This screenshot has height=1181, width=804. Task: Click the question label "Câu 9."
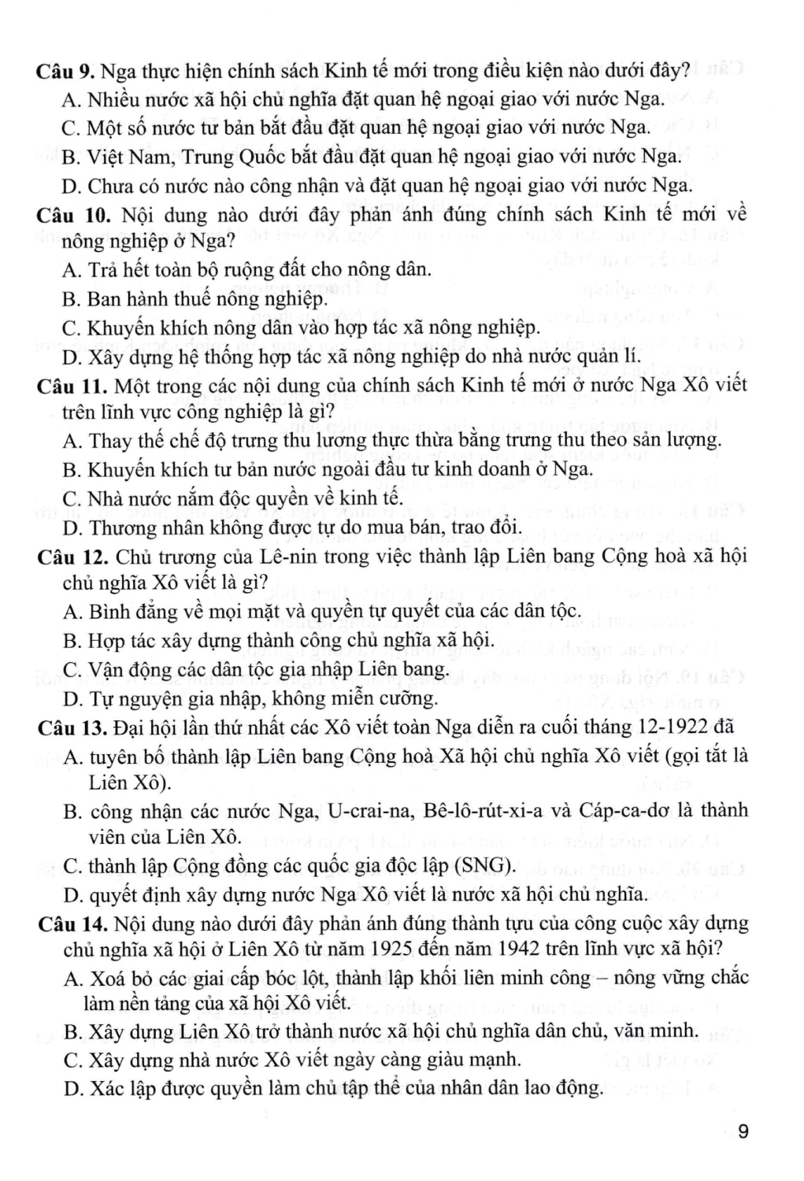tap(66, 72)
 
